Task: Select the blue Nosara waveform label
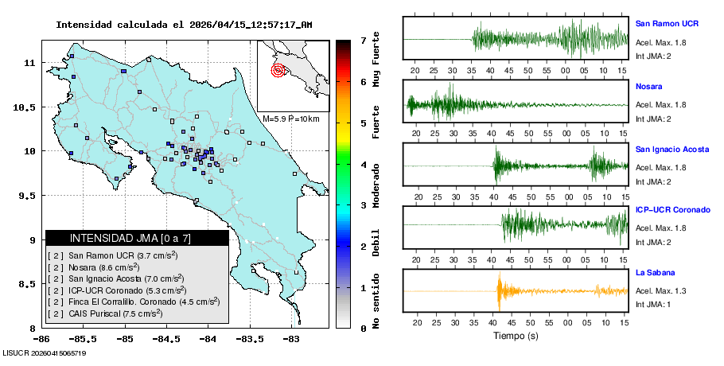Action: pos(649,86)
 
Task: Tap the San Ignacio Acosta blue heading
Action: pos(672,149)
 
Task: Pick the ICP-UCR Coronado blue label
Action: pos(672,210)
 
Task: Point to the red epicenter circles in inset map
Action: pos(278,70)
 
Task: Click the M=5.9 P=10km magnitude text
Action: pos(290,119)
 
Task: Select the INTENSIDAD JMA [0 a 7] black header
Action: pos(137,238)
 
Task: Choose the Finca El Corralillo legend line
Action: pos(133,302)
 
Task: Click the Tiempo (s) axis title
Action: pos(516,336)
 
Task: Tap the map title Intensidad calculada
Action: pos(184,25)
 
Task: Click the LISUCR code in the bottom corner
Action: pos(44,352)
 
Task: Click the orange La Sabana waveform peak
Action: pos(499,291)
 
